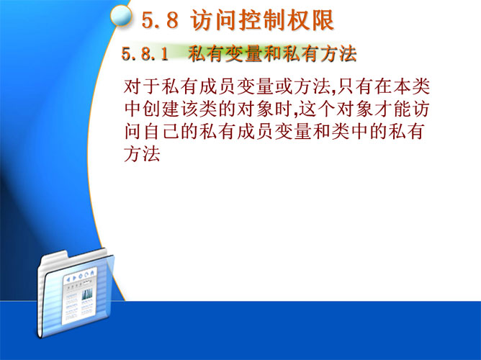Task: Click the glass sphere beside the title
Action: [x=122, y=17]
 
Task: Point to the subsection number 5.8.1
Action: [x=145, y=54]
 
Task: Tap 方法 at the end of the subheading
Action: [x=338, y=54]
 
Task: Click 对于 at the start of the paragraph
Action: [x=142, y=86]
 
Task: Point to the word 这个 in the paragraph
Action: [x=317, y=109]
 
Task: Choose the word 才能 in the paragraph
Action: [x=392, y=109]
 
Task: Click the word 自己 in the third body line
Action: [x=161, y=132]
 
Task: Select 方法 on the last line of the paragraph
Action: [x=142, y=154]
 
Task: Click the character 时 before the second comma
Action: [x=284, y=109]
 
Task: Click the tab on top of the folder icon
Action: [x=55, y=257]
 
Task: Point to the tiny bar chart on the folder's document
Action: [x=87, y=294]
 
